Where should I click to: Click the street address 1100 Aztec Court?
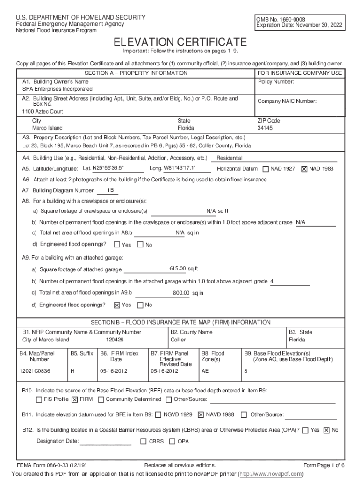pos(43,112)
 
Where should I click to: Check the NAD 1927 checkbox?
pos(266,169)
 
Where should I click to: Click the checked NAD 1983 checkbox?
pos(304,169)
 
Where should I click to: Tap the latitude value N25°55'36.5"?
pos(108,168)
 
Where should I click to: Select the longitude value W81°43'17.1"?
pos(180,168)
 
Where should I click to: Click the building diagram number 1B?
pos(111,190)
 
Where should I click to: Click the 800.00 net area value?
pos(181,293)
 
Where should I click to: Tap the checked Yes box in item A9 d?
pos(116,305)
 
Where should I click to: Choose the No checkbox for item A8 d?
pos(140,245)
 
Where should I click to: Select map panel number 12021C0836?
pos(35,371)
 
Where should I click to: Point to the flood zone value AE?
pos(205,371)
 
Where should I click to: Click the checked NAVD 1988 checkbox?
pos(201,414)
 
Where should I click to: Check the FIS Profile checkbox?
pos(39,399)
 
